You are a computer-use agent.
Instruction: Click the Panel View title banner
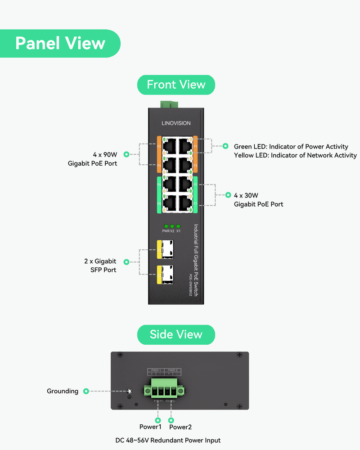[x=60, y=43]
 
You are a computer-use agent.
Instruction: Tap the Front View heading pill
[x=176, y=85]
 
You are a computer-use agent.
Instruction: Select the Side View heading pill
[x=176, y=334]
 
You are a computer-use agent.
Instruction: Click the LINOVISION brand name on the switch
[x=176, y=123]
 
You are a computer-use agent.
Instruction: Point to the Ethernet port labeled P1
[x=184, y=146]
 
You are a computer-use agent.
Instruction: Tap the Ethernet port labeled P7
[x=184, y=203]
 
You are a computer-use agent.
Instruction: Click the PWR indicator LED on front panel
[x=166, y=226]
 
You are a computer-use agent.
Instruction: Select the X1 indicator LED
[x=178, y=226]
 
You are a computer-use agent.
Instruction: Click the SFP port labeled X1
[x=167, y=249]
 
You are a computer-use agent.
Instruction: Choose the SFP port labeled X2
[x=167, y=274]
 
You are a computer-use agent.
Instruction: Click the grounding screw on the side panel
[x=129, y=391]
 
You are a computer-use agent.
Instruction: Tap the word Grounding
[x=63, y=391]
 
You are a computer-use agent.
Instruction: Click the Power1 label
[x=150, y=427]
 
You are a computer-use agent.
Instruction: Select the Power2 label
[x=180, y=427]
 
